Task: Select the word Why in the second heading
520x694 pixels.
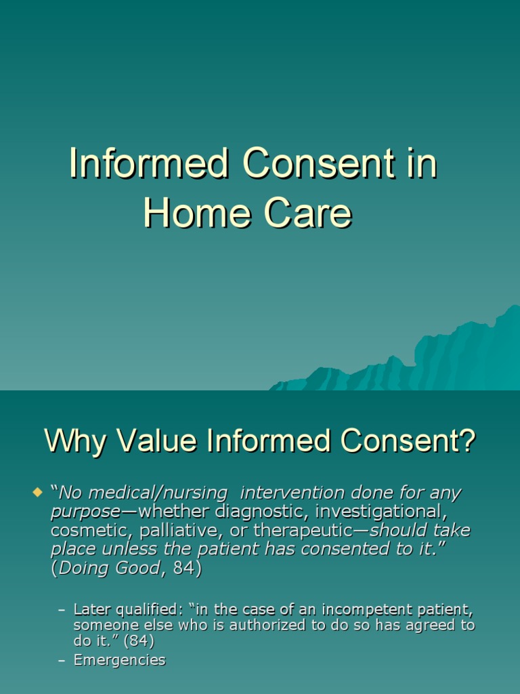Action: (x=76, y=443)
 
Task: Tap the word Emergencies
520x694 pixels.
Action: (x=119, y=660)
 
